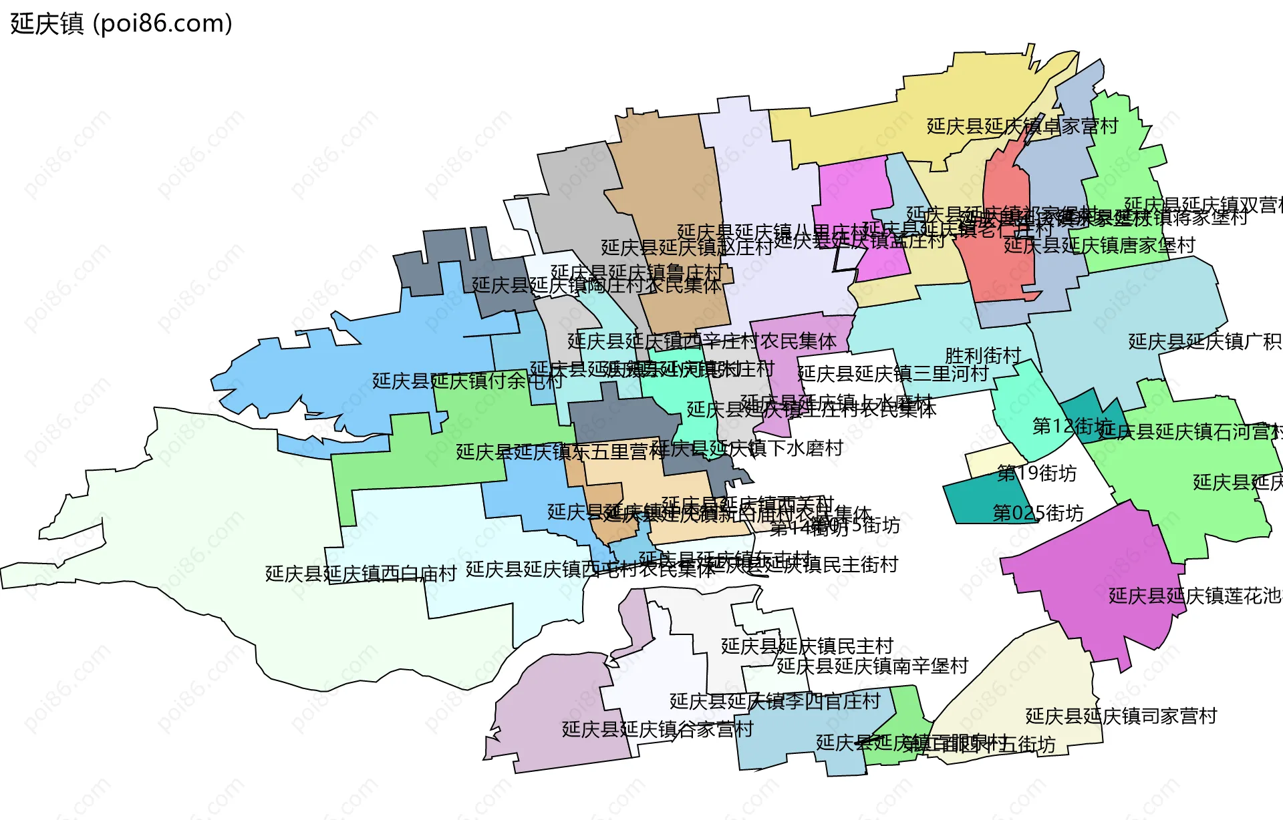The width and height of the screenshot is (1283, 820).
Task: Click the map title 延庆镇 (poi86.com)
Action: (121, 23)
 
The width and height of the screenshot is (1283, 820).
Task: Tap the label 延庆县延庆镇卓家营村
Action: (1022, 126)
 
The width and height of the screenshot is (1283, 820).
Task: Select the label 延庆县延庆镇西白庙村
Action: (361, 574)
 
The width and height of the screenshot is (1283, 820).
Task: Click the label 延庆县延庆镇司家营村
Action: (1121, 716)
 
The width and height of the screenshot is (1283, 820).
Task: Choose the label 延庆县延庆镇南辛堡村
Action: (872, 666)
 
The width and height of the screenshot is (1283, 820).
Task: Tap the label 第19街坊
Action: (1036, 473)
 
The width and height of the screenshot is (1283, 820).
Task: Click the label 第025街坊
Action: (1038, 513)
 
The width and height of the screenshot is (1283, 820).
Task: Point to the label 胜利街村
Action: (982, 355)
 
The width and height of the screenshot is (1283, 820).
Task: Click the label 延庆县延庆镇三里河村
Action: (892, 373)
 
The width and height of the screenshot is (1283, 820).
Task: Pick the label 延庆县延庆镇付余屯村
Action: (467, 381)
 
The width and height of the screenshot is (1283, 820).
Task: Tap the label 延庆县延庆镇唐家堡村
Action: (1099, 246)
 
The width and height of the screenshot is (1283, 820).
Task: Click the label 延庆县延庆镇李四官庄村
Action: (774, 701)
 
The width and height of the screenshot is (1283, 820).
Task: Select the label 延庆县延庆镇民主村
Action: (807, 646)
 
